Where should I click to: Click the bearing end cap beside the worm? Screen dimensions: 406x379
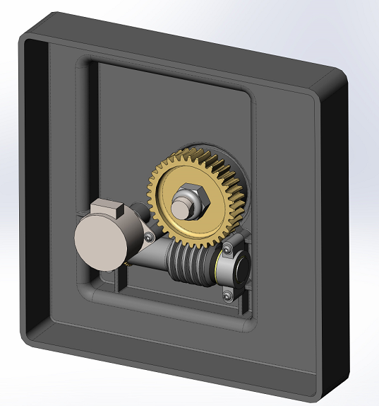pyautogui.click(x=241, y=270)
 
